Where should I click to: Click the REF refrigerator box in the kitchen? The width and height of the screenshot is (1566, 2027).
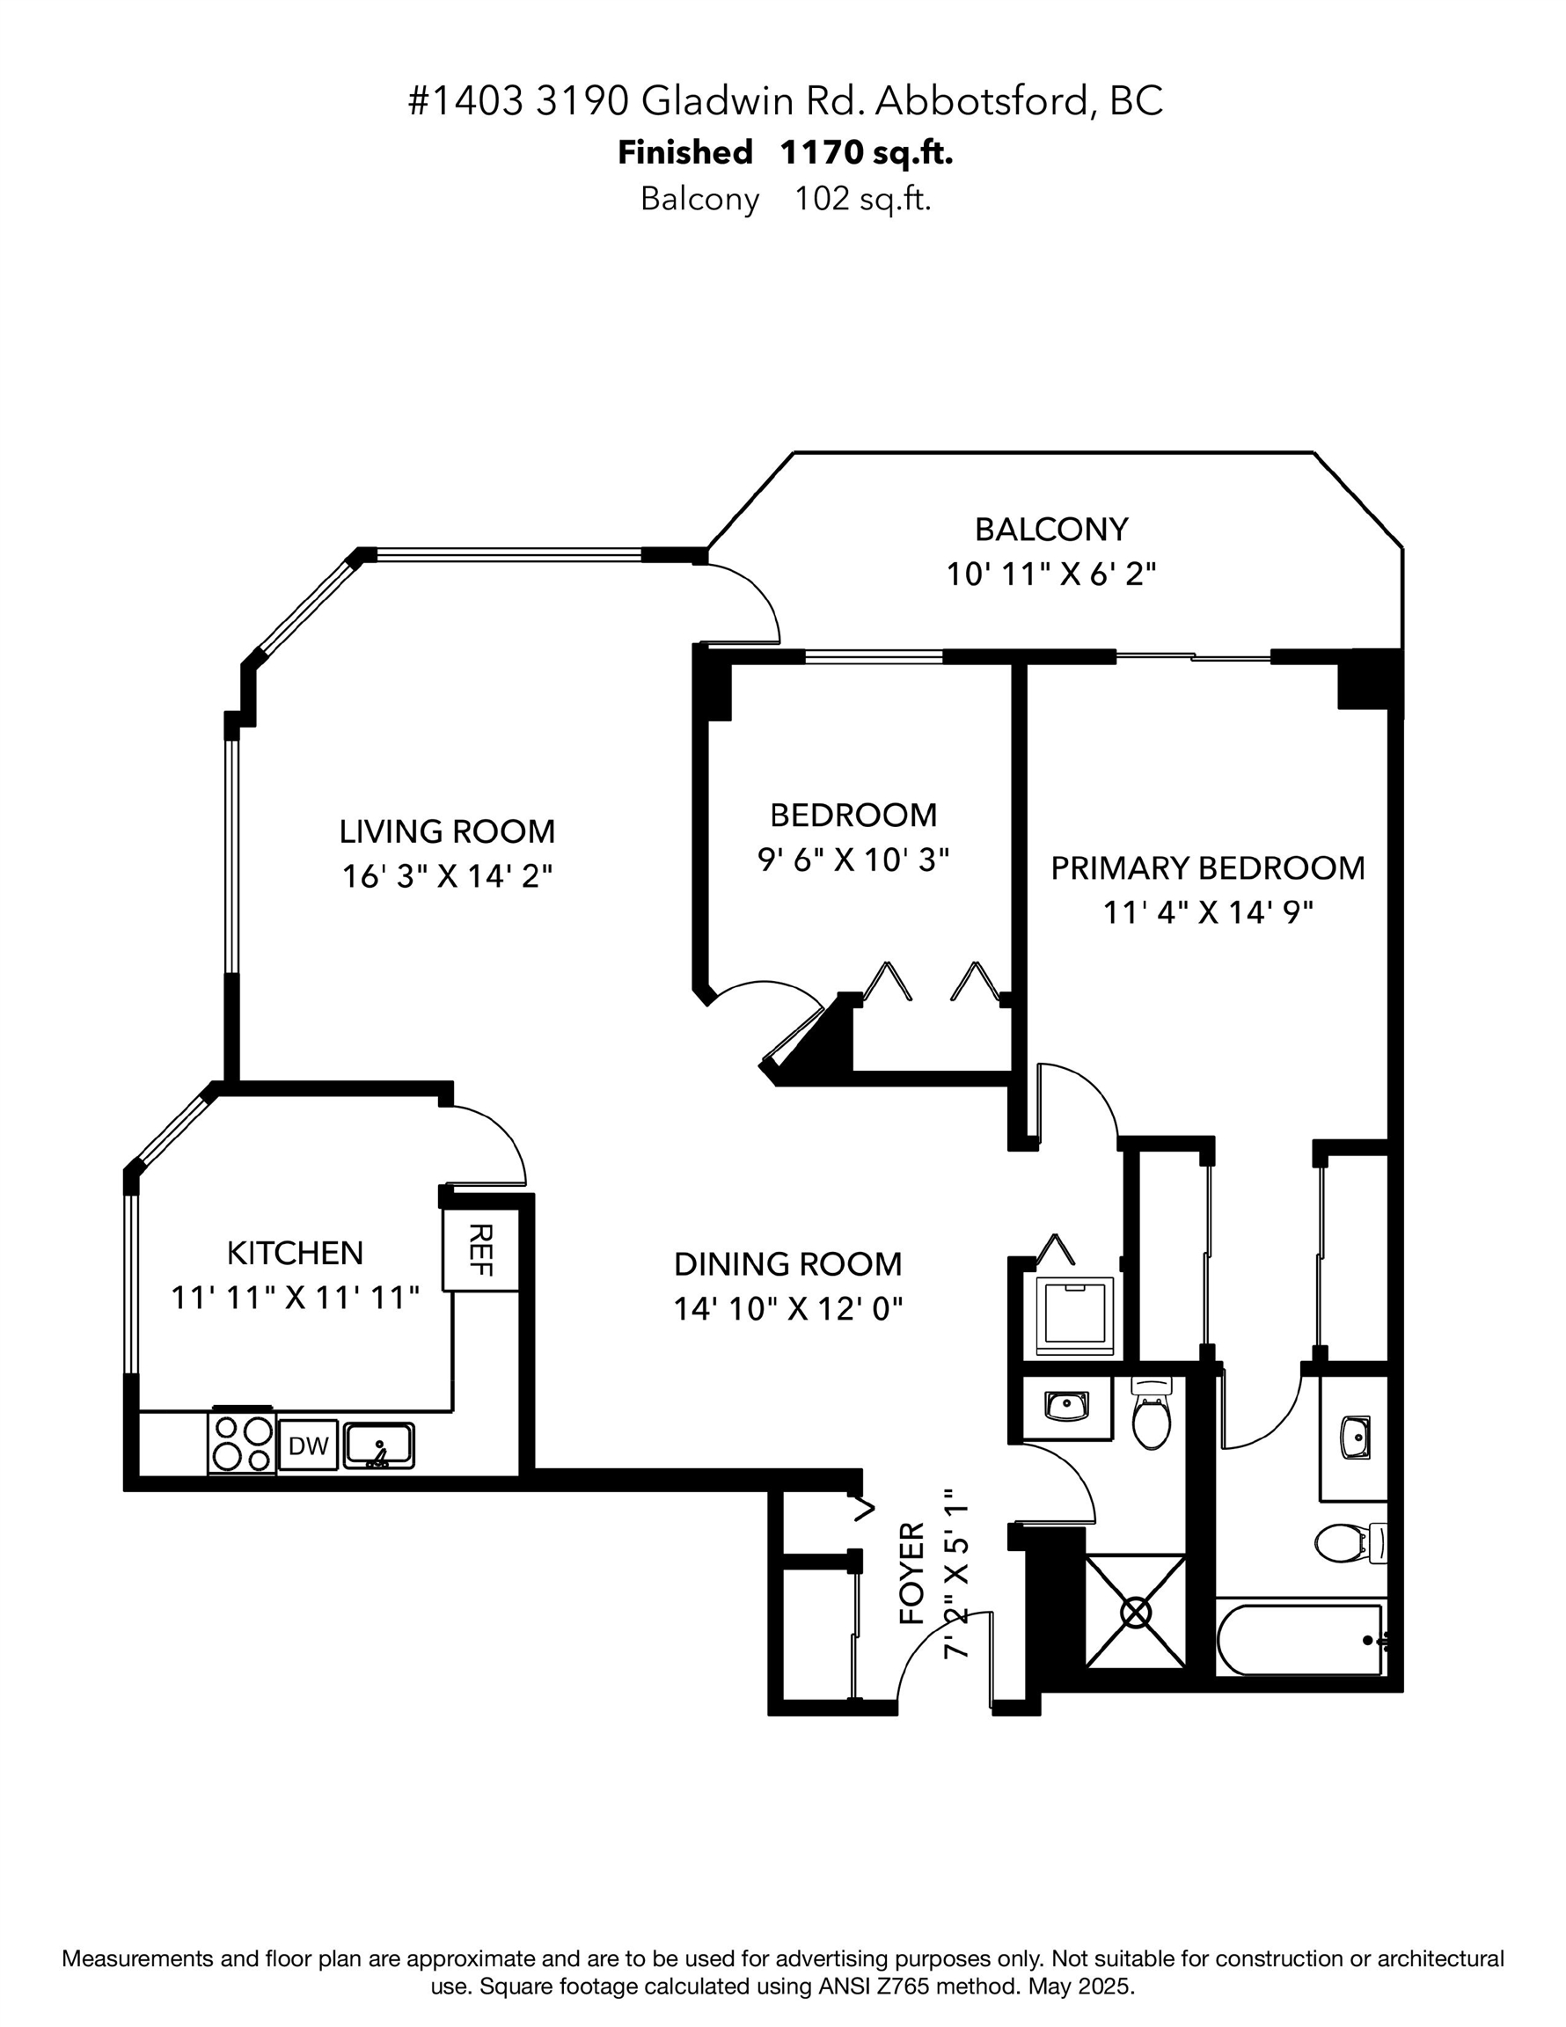pos(480,1249)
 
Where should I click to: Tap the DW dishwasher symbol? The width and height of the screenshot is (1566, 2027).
pos(308,1446)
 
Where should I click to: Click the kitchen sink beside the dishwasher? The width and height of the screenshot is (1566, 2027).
pos(378,1446)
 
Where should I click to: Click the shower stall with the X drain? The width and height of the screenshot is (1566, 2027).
pos(1135,1612)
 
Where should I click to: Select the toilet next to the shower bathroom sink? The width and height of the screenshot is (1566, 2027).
pos(1152,1417)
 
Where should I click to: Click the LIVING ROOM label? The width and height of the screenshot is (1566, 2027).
pos(447,831)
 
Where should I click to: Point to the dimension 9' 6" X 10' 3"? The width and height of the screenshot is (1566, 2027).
pos(853,860)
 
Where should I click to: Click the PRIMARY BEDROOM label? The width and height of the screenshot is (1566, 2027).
pos(1207,867)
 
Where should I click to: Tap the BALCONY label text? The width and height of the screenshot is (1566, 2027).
pos(1050,529)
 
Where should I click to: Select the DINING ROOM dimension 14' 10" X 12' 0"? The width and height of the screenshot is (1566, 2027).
pos(787,1308)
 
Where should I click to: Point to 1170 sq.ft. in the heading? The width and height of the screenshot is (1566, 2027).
pos(866,152)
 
